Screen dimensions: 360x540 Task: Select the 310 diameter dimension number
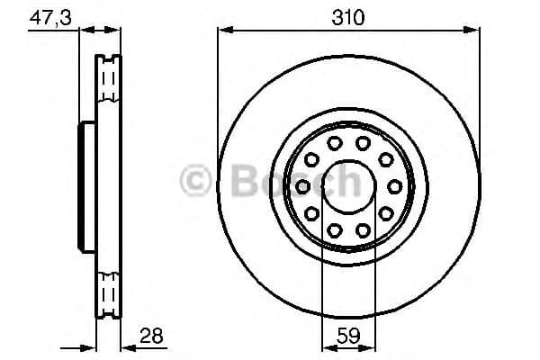pyautogui.click(x=347, y=16)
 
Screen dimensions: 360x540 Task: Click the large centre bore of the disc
pyautogui.click(x=347, y=186)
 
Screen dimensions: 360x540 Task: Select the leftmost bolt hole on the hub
pyautogui.click(x=304, y=186)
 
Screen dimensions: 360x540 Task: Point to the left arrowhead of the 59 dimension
pyautogui.click(x=326, y=346)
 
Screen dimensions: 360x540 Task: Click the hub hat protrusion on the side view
pyautogui.click(x=86, y=186)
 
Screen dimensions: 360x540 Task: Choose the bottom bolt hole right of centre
pyautogui.click(x=362, y=229)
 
